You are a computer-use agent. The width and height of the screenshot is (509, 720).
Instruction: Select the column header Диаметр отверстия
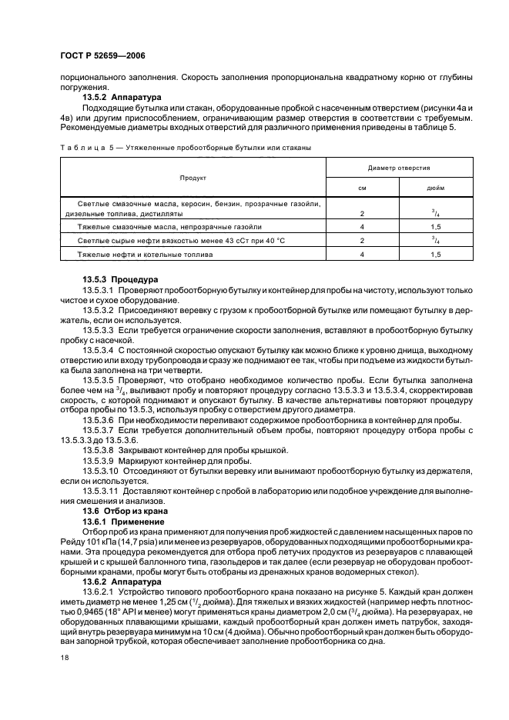(x=399, y=167)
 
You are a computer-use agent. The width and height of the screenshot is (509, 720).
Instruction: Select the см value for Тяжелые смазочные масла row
(x=362, y=228)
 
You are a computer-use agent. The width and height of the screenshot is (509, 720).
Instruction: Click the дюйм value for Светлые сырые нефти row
(x=435, y=240)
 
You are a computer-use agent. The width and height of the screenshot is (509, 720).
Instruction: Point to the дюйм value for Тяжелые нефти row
(x=435, y=253)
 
